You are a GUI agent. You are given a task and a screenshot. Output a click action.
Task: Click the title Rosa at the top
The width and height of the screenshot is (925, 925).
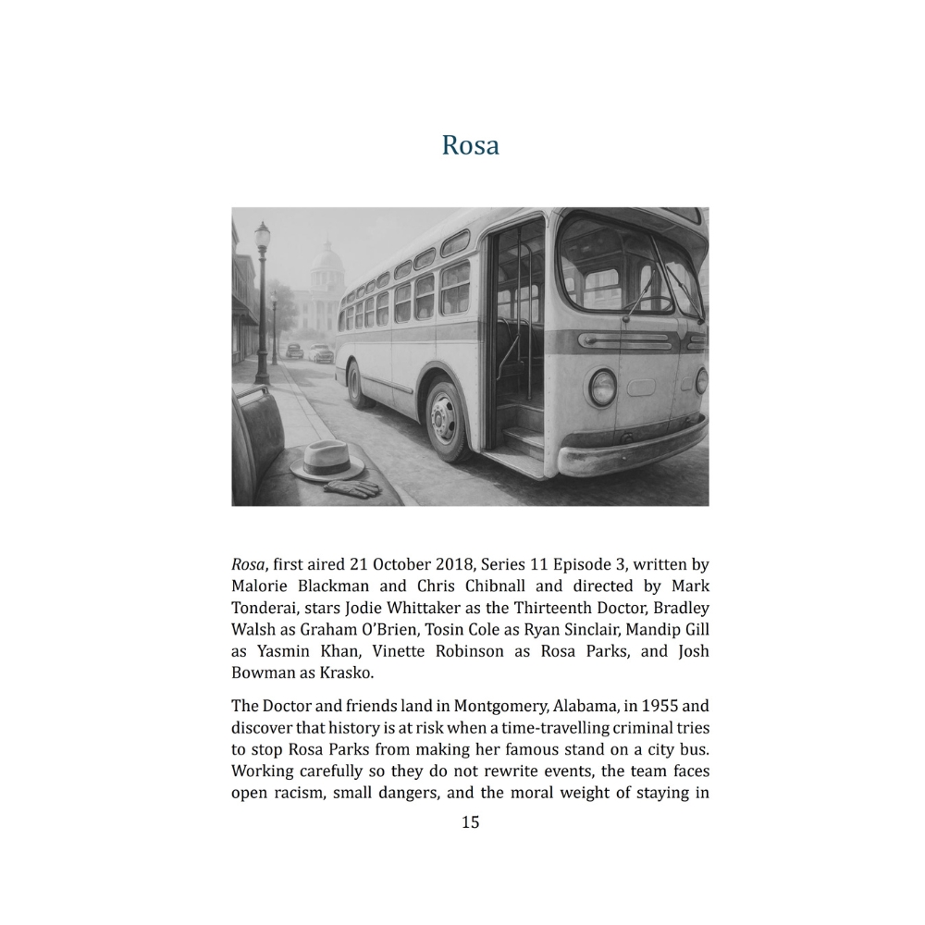pos(470,145)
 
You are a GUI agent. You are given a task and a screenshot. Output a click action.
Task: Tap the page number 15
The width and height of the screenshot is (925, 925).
pos(470,821)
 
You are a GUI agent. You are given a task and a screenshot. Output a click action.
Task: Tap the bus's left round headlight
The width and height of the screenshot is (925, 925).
pos(603,387)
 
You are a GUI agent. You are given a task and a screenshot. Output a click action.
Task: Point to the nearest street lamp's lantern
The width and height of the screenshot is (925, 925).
pos(263,239)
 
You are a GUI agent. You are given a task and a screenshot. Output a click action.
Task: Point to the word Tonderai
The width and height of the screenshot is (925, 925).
pos(264,607)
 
